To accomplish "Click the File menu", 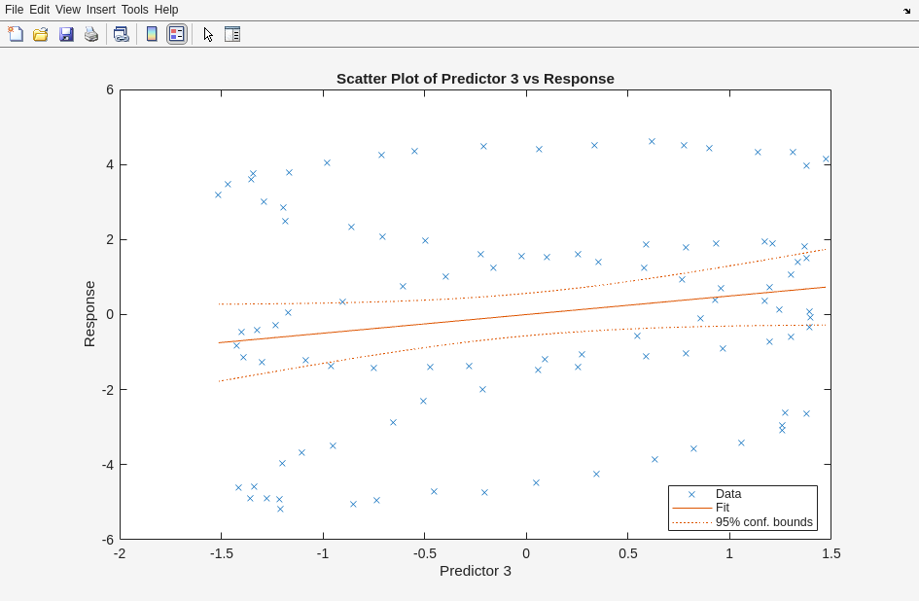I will point(14,10).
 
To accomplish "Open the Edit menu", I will point(39,10).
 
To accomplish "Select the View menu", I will point(68,10).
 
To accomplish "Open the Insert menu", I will point(100,10).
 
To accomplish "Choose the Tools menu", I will point(135,10).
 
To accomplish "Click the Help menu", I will point(166,10).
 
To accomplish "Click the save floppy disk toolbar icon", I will point(66,34).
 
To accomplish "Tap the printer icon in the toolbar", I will point(91,34).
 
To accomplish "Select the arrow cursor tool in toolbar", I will point(208,34).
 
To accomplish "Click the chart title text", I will point(475,79).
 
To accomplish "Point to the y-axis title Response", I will point(89,314).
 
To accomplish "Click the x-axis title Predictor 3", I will point(475,571).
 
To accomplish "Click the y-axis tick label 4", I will point(110,164).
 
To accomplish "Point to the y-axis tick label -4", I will point(108,465).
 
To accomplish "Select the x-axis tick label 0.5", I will point(628,554).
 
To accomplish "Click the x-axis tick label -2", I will point(120,554).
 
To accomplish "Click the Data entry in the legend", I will point(728,494).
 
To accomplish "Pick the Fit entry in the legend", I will point(723,508).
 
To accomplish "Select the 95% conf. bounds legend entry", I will point(763,522).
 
